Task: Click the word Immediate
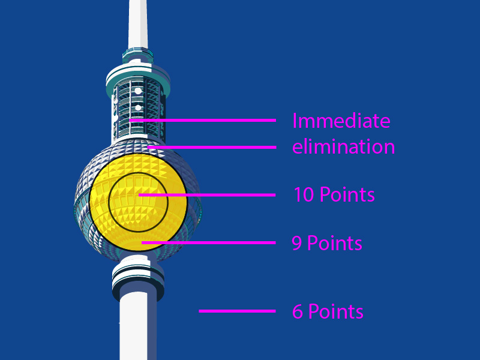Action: point(341,121)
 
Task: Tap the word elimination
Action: point(343,146)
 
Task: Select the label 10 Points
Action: point(334,194)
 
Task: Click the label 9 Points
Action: point(327,243)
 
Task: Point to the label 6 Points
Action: point(328,311)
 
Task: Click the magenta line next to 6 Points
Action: point(237,311)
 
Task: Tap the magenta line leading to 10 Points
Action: point(207,195)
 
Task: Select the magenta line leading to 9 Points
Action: point(208,243)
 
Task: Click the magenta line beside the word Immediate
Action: point(202,121)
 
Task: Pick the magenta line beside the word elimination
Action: point(212,147)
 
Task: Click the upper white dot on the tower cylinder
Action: point(139,91)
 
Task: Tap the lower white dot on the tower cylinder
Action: point(139,108)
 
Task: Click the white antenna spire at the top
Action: point(138,24)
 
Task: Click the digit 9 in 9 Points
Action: point(296,244)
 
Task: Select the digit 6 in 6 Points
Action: point(298,311)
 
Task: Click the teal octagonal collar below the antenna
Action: point(138,55)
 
